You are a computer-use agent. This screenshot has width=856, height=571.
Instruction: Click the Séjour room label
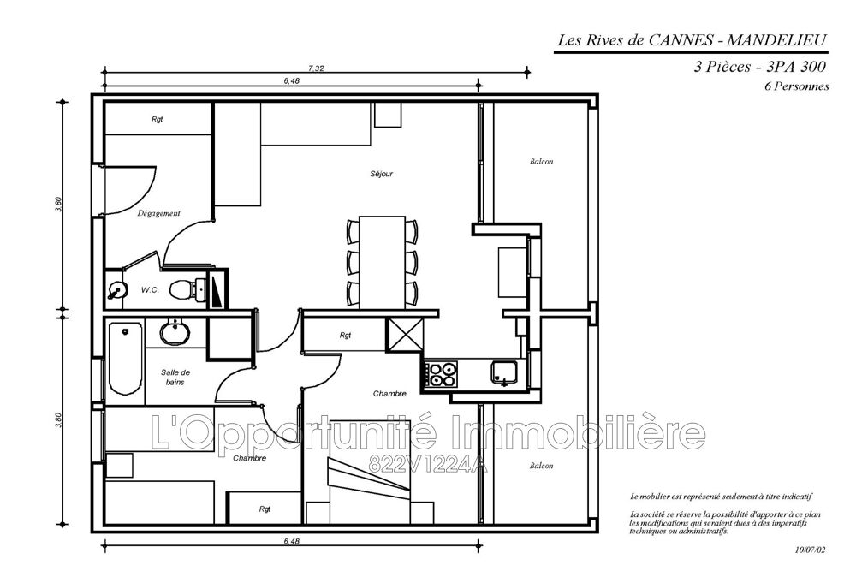click(x=381, y=174)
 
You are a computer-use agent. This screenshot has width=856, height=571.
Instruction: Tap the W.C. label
click(x=150, y=290)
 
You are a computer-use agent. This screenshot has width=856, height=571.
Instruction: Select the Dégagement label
click(x=158, y=213)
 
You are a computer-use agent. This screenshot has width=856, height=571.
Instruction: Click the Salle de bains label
click(x=175, y=378)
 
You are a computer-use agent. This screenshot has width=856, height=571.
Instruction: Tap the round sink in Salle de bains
click(x=175, y=332)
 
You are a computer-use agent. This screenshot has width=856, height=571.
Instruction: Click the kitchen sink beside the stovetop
click(x=503, y=373)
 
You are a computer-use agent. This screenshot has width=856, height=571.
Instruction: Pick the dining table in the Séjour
click(x=382, y=263)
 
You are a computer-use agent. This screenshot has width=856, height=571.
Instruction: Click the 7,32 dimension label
click(x=316, y=68)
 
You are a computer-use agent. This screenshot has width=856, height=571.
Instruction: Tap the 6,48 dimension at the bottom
click(x=292, y=542)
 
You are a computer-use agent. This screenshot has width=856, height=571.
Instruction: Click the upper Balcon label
click(x=541, y=162)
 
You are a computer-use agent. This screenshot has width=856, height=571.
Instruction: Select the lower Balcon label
click(x=541, y=466)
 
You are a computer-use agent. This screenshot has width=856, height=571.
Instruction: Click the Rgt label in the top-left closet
click(x=158, y=119)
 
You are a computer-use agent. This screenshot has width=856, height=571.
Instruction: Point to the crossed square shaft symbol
click(x=405, y=335)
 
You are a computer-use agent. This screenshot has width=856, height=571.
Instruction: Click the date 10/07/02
click(x=810, y=550)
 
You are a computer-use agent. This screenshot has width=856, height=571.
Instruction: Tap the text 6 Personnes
click(x=796, y=86)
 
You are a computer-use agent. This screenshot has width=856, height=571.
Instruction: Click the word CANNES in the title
click(x=681, y=40)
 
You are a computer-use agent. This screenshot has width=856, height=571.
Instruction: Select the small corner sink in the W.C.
click(x=116, y=289)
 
